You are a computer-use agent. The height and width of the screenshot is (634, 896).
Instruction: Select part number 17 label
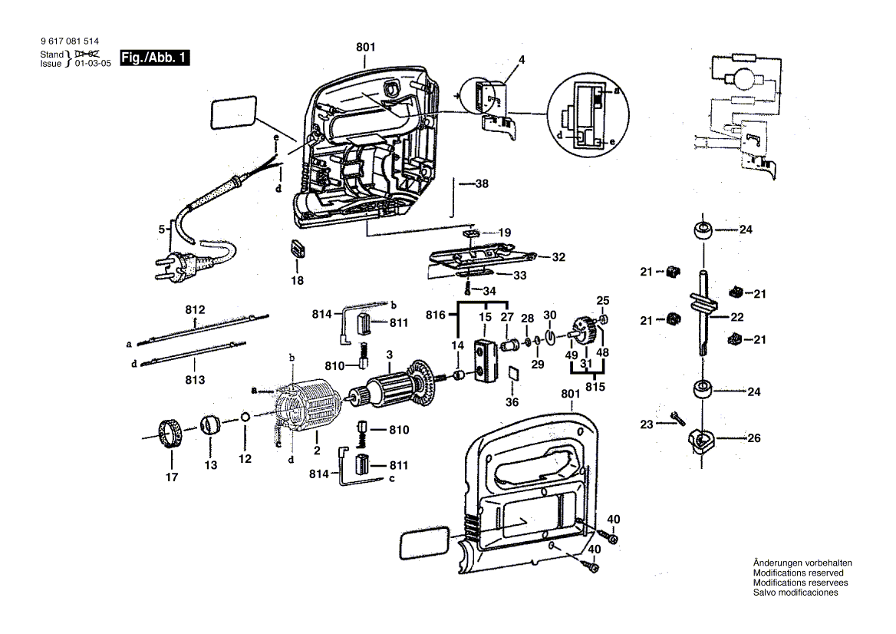[171, 477]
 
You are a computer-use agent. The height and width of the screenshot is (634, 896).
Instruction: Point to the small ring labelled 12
[244, 417]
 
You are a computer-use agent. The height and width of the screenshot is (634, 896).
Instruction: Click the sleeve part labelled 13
[210, 424]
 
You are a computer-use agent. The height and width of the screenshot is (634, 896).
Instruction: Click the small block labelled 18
[297, 249]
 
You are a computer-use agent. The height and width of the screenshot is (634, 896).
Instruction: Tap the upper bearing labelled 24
[702, 229]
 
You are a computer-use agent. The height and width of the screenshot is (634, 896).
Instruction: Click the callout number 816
[436, 315]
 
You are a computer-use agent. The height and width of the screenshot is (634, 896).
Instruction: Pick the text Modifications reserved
[798, 573]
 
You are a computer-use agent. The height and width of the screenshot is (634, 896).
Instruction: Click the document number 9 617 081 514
[68, 41]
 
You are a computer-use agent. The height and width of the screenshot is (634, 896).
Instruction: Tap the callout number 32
[558, 257]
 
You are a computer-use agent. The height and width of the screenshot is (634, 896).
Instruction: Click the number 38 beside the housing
[481, 184]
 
